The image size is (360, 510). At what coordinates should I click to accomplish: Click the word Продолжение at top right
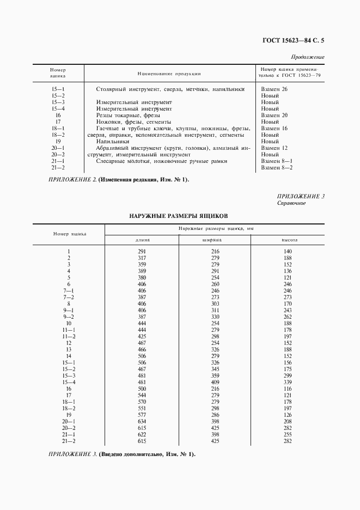coord(308,57)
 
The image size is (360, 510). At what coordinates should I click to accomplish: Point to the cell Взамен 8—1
coord(277,161)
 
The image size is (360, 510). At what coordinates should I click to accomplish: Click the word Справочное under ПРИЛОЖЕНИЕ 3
coord(291,203)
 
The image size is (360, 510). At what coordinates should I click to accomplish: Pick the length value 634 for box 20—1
coord(142,422)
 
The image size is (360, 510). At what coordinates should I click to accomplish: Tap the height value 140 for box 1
coord(288,250)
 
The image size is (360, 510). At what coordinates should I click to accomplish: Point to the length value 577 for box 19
coord(142,415)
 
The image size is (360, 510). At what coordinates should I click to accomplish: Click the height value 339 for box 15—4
coord(288,382)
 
